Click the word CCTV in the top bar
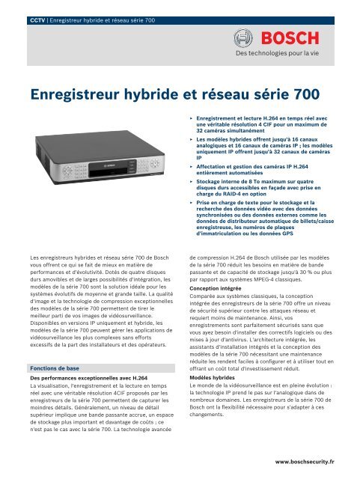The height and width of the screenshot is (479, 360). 30,9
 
